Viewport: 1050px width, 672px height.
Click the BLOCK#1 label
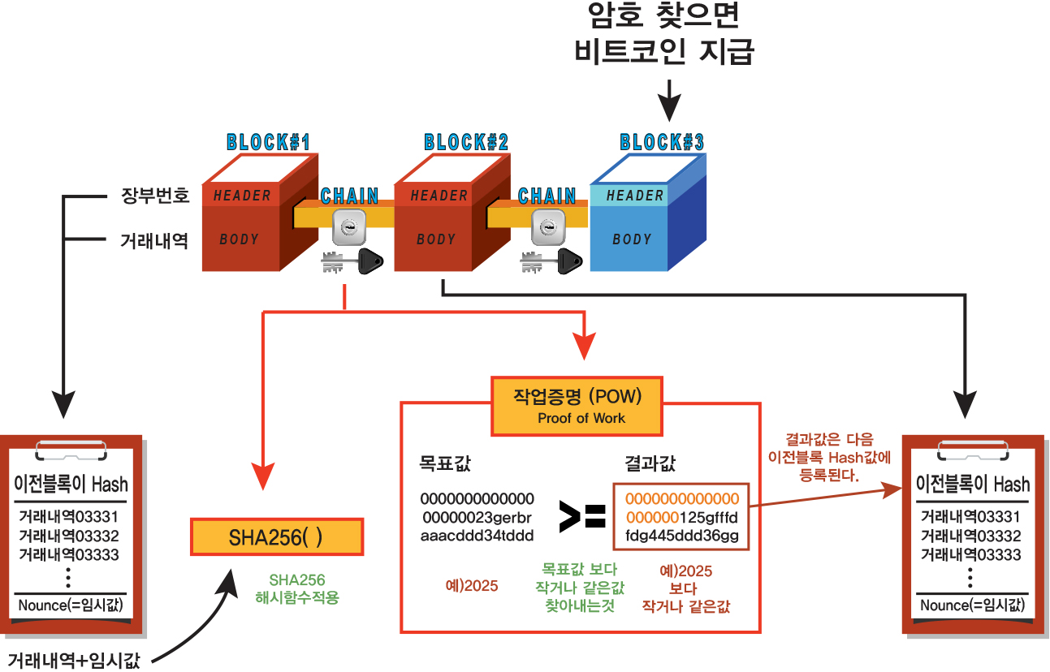tap(269, 143)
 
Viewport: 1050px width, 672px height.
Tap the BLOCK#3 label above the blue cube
tap(662, 143)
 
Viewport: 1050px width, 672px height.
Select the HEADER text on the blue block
tap(635, 196)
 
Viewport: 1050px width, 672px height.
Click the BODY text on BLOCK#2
tap(436, 239)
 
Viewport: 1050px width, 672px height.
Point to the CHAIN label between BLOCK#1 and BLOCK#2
tap(349, 196)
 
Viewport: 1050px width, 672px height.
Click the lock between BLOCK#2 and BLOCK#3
tap(547, 228)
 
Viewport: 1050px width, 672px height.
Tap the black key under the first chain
tap(371, 261)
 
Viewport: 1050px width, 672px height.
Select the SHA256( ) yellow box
tap(277, 537)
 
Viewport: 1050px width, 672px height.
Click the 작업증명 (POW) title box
tap(577, 404)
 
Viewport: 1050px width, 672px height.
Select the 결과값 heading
tap(650, 464)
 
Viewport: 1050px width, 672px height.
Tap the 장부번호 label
tap(155, 196)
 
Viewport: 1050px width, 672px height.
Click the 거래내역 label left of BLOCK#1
tap(155, 240)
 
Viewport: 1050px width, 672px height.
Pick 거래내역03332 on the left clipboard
tap(69, 536)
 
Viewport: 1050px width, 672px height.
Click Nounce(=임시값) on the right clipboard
tap(972, 605)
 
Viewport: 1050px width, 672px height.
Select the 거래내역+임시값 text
tap(71, 658)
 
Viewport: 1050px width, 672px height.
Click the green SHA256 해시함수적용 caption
tap(297, 589)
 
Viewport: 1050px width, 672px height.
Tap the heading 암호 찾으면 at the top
tap(665, 18)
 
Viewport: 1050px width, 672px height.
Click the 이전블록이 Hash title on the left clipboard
tap(71, 485)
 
